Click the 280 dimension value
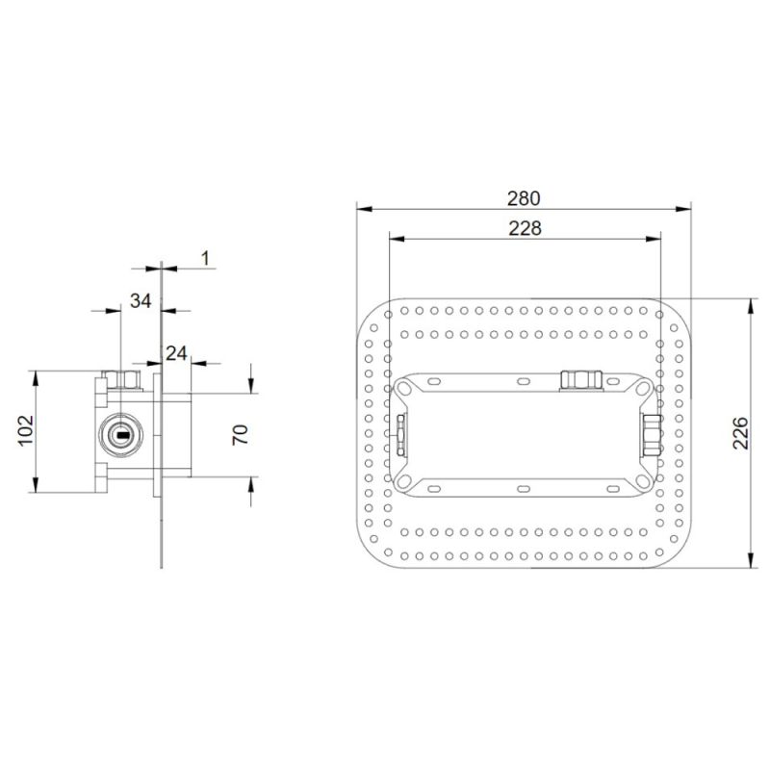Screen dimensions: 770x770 click(524, 198)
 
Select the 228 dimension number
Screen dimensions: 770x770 click(525, 228)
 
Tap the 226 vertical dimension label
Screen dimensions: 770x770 click(740, 433)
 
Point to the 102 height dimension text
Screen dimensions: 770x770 click(26, 430)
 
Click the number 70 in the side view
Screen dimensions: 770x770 click(240, 435)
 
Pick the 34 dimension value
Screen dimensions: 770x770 click(141, 300)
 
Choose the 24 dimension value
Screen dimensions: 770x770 click(176, 353)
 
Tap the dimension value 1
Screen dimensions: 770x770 click(206, 258)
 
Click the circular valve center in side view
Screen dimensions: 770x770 click(121, 435)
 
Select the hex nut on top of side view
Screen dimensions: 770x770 click(122, 380)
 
